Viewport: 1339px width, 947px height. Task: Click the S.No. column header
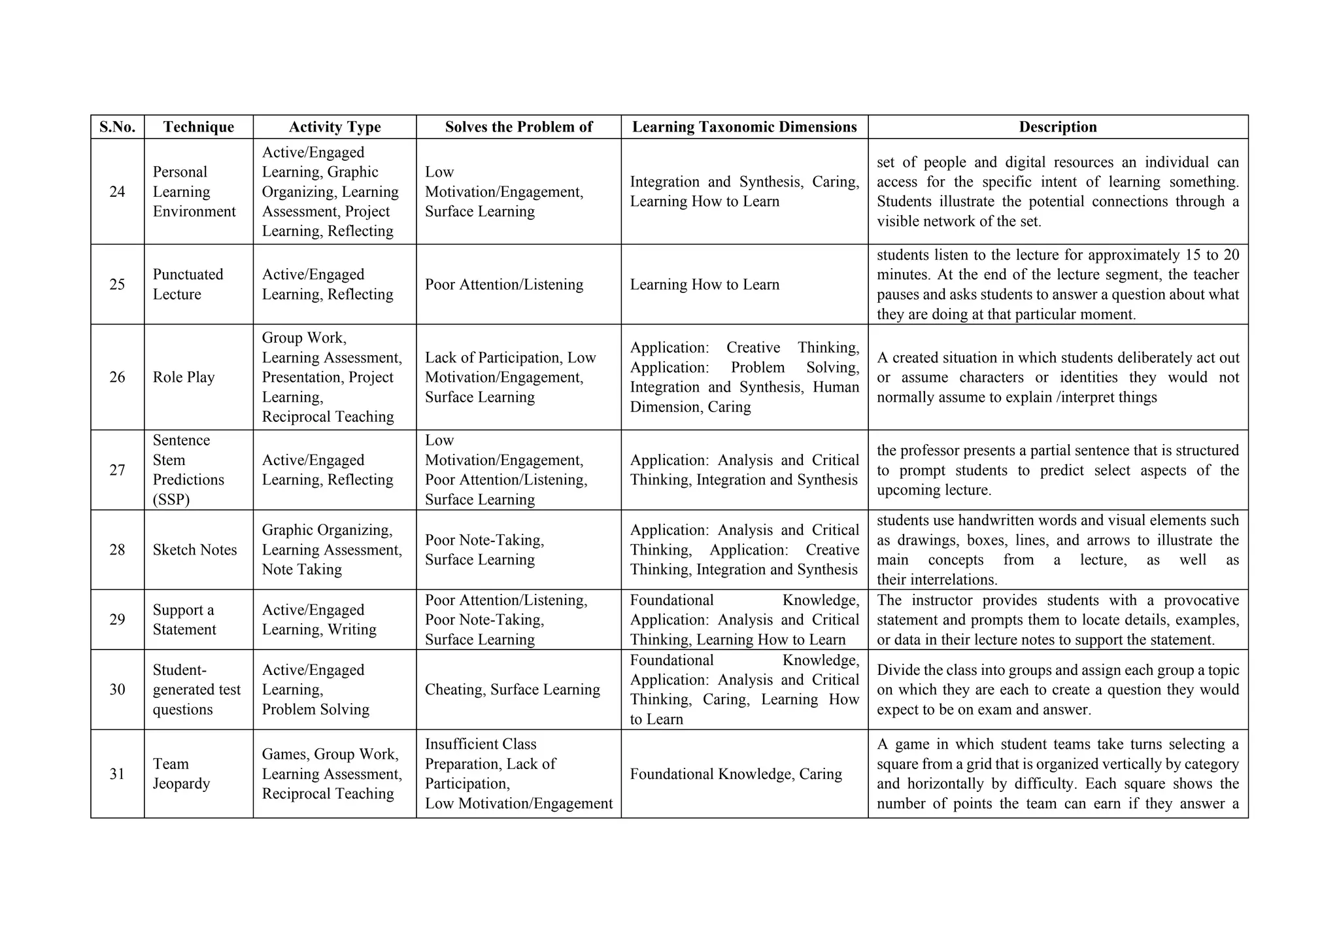tap(117, 127)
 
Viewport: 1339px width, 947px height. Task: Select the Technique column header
tap(198, 127)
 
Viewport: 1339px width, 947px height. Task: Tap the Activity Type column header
tap(335, 127)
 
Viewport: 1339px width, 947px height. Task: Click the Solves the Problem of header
tap(518, 127)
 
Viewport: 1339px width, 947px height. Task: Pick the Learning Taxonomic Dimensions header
tap(744, 127)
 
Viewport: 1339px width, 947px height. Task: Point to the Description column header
tap(1057, 127)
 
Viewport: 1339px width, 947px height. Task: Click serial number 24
tap(117, 192)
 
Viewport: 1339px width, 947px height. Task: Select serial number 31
tap(117, 774)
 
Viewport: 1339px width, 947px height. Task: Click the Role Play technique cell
tap(184, 377)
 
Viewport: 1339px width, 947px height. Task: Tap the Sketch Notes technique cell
tap(195, 550)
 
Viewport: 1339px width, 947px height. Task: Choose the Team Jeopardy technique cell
tap(181, 774)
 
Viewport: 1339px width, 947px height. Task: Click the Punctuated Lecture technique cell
tap(188, 284)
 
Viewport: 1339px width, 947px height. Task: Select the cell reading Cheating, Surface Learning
tap(512, 689)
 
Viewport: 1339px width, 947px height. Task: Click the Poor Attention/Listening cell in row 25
tap(504, 284)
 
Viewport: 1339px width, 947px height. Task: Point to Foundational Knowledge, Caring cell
tap(736, 774)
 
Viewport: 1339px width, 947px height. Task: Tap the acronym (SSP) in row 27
tap(171, 500)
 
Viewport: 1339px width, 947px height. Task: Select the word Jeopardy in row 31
tap(181, 783)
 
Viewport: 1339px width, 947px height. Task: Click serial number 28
tap(117, 550)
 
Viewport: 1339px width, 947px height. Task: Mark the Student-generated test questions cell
tap(196, 689)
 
